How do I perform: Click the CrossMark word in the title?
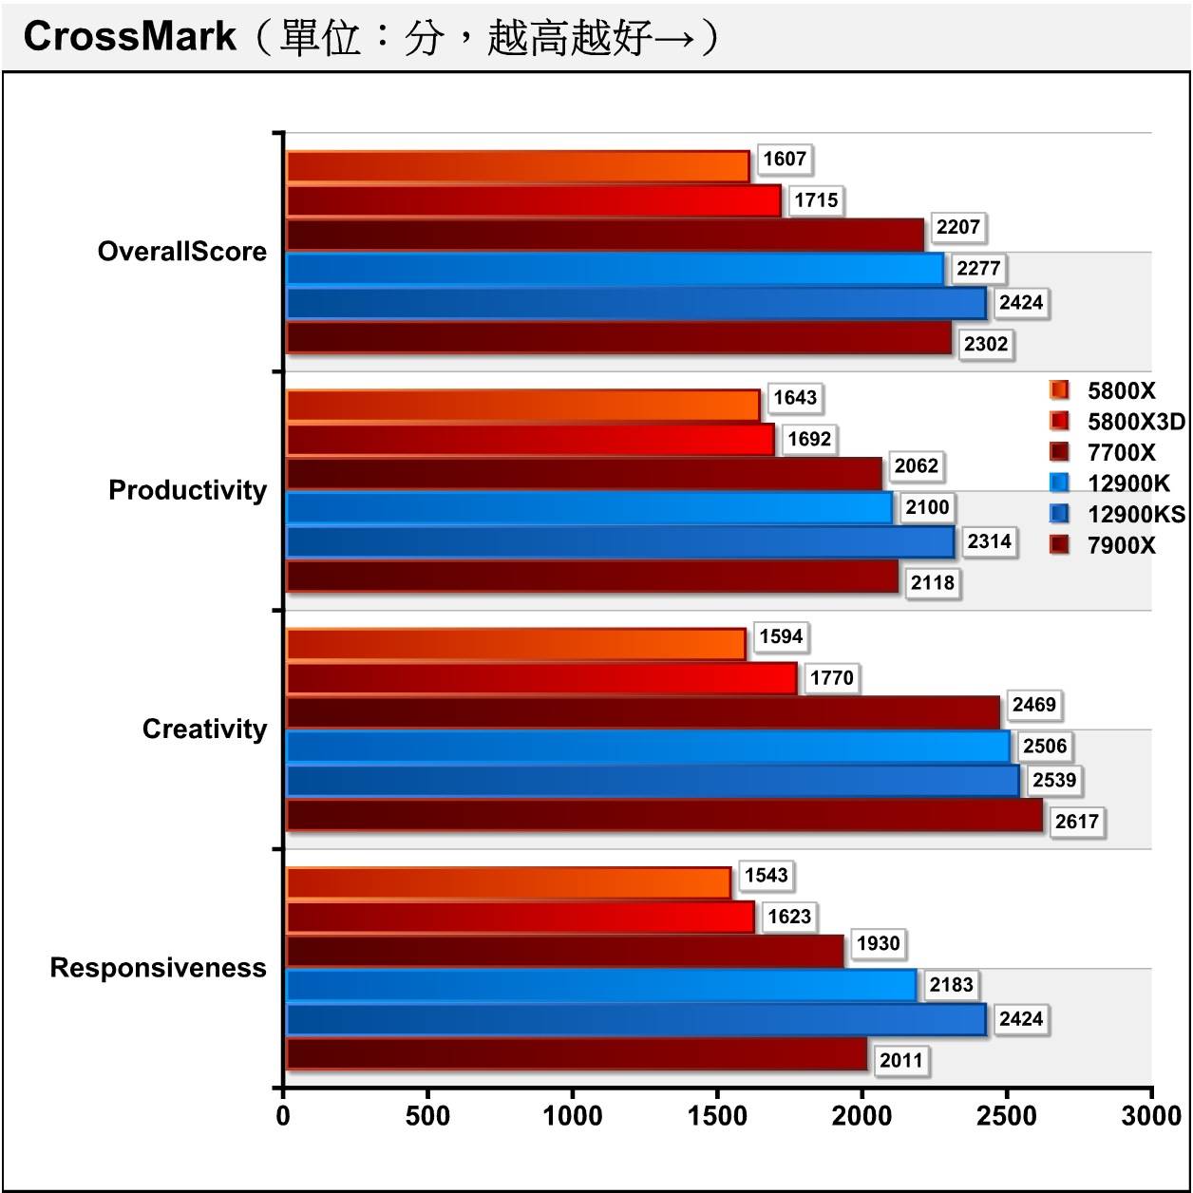[129, 36]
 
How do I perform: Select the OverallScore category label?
[181, 252]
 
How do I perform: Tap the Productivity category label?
[187, 490]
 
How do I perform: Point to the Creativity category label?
[204, 729]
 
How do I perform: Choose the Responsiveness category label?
[158, 968]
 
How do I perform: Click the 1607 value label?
[785, 159]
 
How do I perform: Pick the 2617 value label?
[1076, 822]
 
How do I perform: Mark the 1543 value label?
[766, 875]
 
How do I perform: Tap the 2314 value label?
[989, 541]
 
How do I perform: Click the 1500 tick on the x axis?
[718, 1116]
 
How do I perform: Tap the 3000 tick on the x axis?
[1151, 1116]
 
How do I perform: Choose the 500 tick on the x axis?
[428, 1116]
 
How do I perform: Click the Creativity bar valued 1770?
[541, 678]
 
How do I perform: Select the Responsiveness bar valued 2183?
[601, 985]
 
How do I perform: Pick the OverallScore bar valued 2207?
[605, 235]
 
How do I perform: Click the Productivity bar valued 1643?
[523, 406]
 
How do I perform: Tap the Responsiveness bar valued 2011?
[577, 1054]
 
